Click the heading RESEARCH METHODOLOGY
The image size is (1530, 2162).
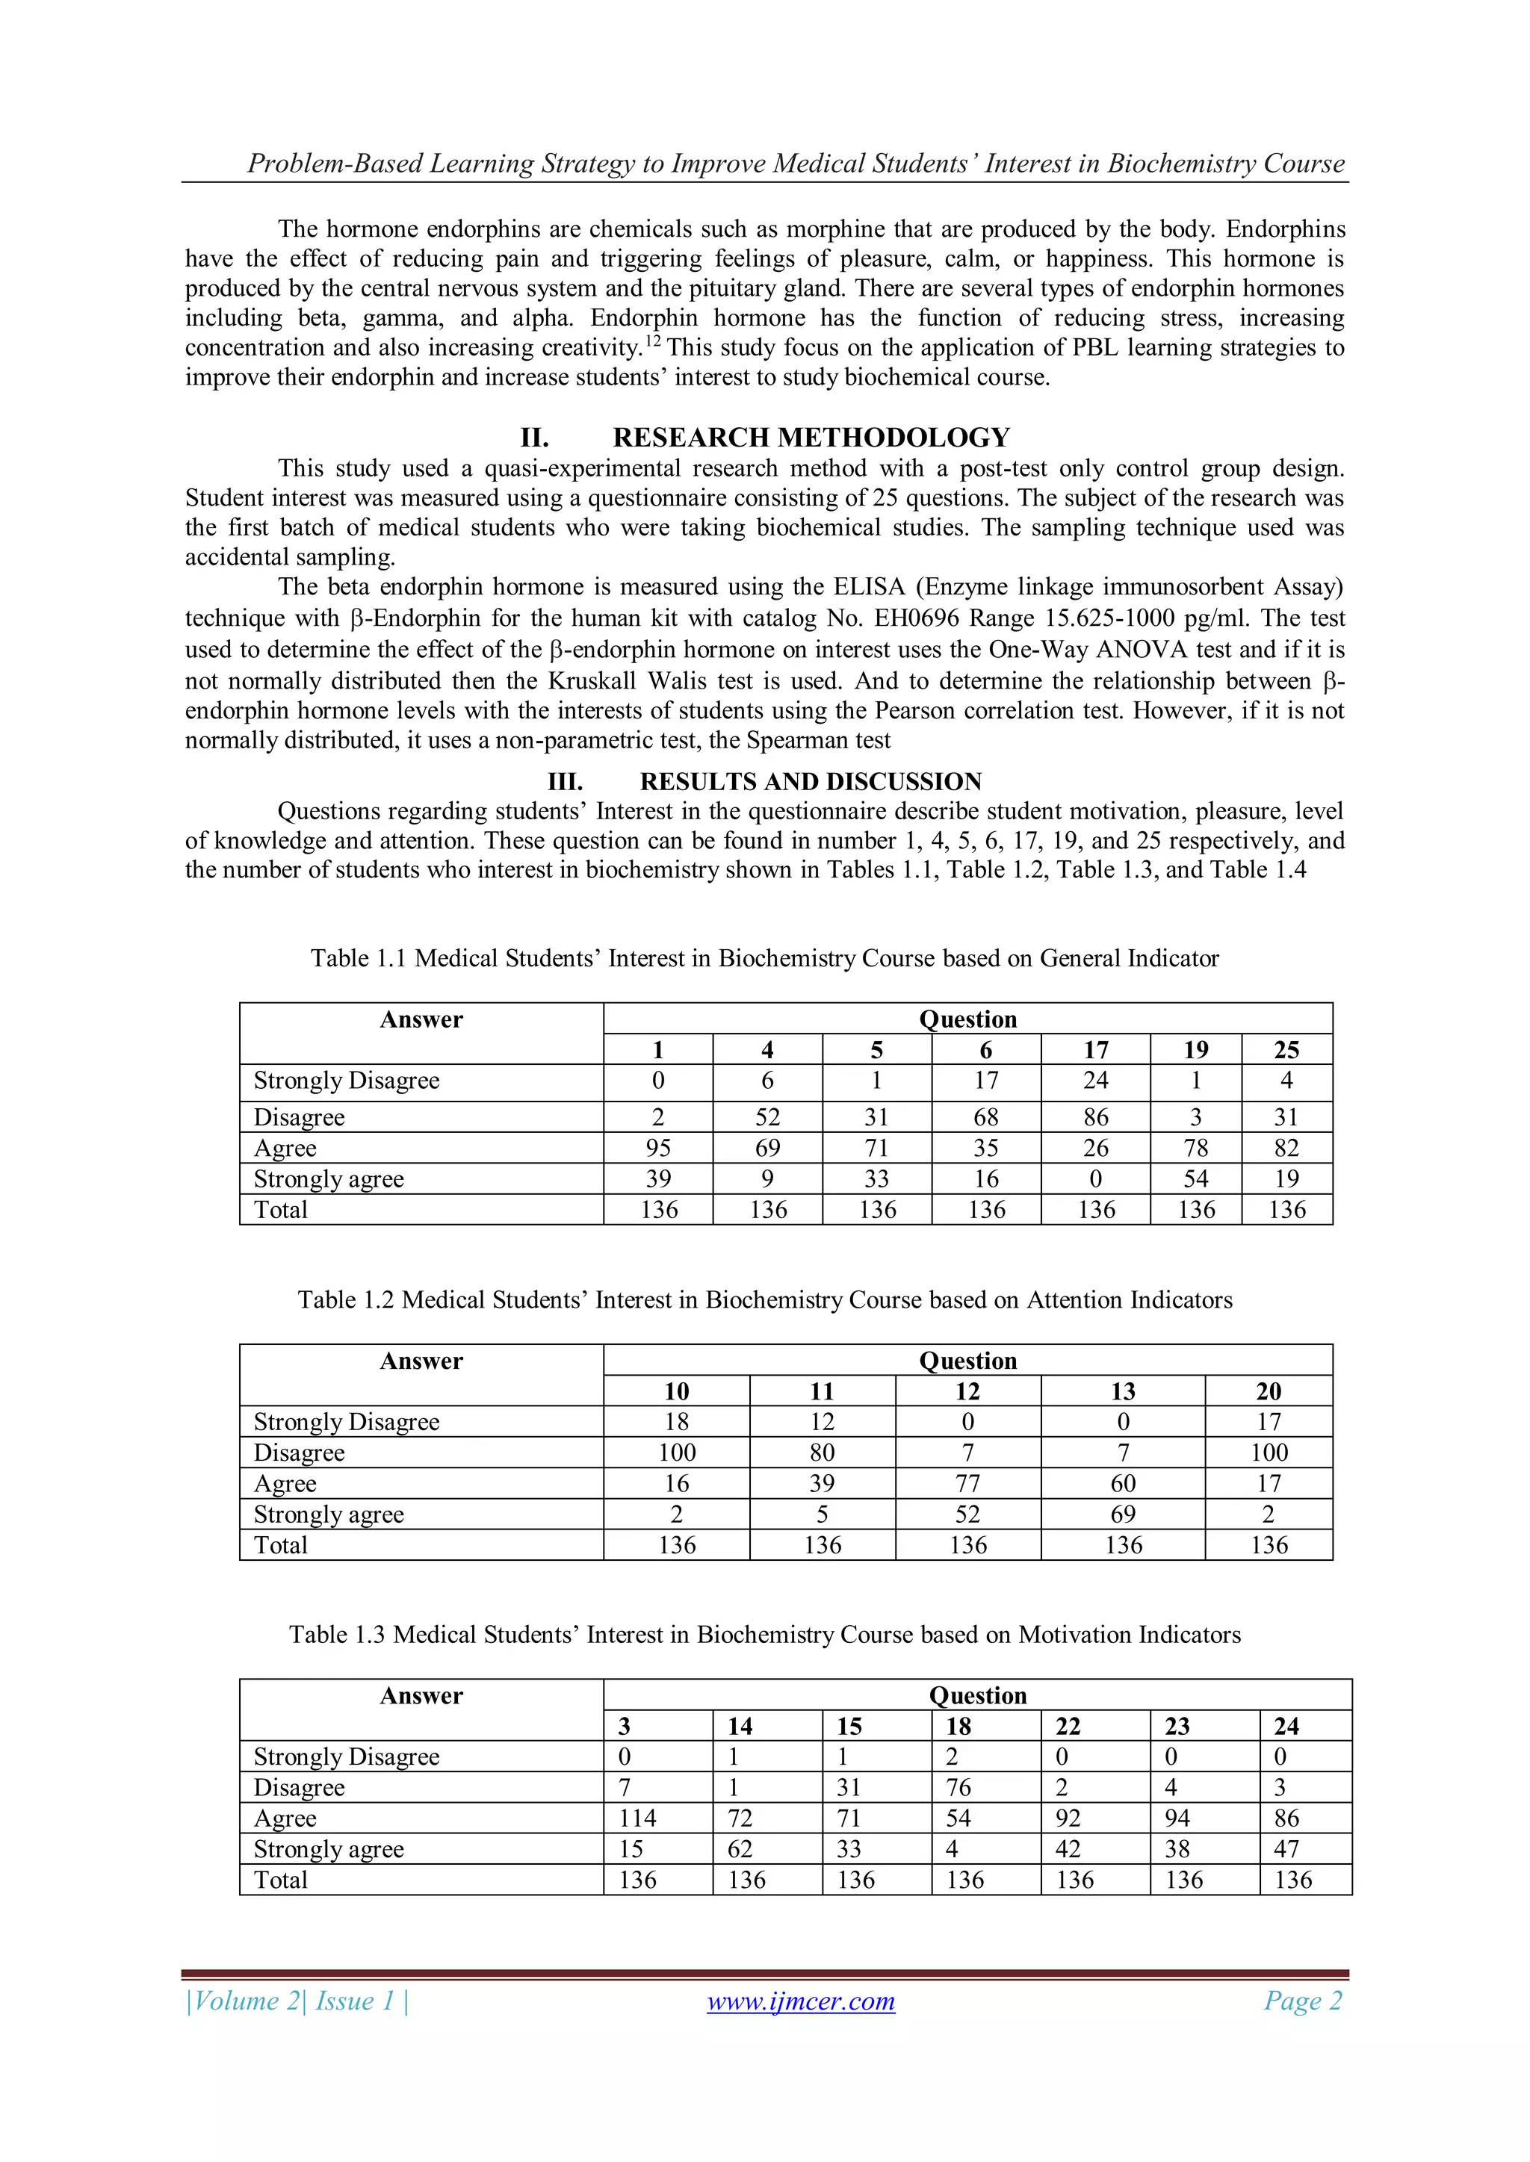click(811, 437)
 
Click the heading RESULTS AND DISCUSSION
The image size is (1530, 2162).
click(811, 782)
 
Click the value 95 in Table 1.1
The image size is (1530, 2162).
click(657, 1148)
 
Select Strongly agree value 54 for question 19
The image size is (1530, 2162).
click(1195, 1179)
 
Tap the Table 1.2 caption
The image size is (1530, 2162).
click(764, 1299)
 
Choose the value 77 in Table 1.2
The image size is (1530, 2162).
click(967, 1483)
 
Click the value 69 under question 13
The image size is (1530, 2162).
click(1122, 1515)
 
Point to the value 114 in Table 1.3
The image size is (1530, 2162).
click(638, 1818)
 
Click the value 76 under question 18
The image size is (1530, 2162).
click(958, 1787)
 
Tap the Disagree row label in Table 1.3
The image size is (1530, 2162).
click(299, 1787)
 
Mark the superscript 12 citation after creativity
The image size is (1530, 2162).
click(653, 340)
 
